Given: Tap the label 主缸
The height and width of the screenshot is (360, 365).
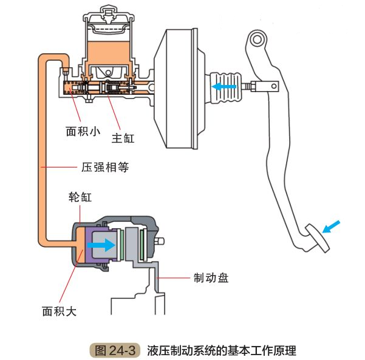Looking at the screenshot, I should click(x=123, y=138).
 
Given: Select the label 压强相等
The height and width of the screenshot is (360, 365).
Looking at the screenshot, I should click(x=105, y=166).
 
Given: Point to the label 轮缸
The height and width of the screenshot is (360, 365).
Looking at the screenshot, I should click(x=80, y=199).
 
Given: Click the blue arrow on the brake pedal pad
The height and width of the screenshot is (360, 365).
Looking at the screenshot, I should click(x=332, y=227).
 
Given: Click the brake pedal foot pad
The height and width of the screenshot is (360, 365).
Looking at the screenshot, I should click(x=316, y=238).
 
